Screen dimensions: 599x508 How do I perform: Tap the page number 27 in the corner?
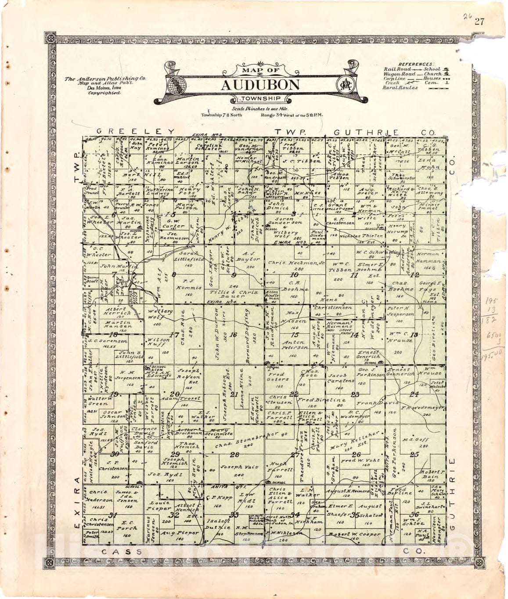479,22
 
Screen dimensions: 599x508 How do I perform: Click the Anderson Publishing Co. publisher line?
106,79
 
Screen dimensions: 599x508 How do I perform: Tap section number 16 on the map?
233,335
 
